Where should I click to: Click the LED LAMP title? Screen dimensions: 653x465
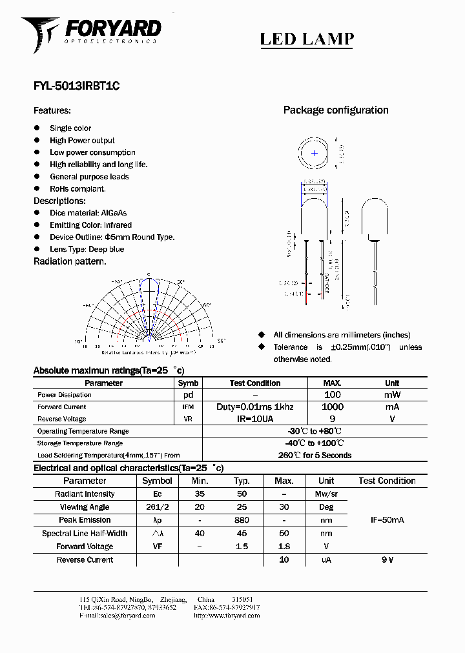(307, 39)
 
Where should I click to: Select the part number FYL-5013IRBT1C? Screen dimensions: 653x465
(76, 85)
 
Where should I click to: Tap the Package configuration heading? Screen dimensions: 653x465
(336, 110)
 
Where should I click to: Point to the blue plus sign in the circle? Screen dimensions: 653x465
(315, 153)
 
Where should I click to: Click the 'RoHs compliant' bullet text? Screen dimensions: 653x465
(77, 189)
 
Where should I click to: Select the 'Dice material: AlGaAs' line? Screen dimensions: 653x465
(88, 213)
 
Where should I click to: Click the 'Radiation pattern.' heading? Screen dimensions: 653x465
(70, 261)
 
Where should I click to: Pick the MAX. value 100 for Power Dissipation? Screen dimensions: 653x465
(332, 395)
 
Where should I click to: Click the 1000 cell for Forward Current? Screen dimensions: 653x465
(332, 407)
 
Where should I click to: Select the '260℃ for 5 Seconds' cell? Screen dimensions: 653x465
(315, 456)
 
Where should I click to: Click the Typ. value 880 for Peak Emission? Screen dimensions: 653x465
(242, 520)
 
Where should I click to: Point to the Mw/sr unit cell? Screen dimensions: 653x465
(326, 494)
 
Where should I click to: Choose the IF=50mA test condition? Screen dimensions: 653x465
(387, 520)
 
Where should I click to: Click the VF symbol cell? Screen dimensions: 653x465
(156, 547)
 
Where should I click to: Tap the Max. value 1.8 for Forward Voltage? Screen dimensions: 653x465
(284, 547)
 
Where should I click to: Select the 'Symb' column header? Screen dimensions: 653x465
(188, 383)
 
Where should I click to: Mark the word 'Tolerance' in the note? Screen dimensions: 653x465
(291, 347)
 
